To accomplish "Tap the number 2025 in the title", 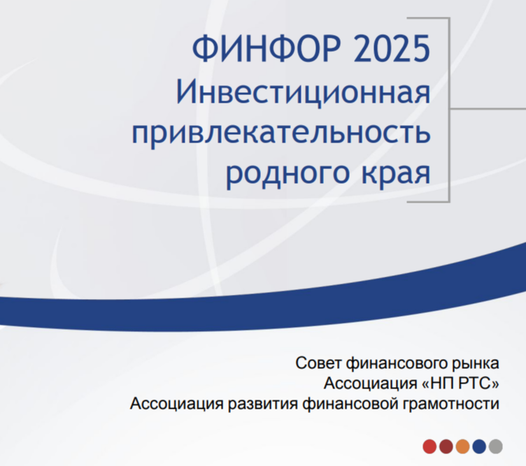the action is (392, 48).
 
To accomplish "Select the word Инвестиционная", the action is (304, 92).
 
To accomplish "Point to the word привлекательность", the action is (281, 133).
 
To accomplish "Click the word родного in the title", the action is (287, 174).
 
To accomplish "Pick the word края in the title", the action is (396, 175).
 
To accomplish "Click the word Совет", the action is (318, 363).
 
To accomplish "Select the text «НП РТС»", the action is (460, 384).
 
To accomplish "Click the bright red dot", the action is (429, 446).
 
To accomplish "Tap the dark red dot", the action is (446, 446).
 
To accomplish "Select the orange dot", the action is (462, 446).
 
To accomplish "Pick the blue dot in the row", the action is (479, 446).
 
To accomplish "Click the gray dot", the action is (495, 446).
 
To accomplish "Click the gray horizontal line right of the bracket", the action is (488, 108).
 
